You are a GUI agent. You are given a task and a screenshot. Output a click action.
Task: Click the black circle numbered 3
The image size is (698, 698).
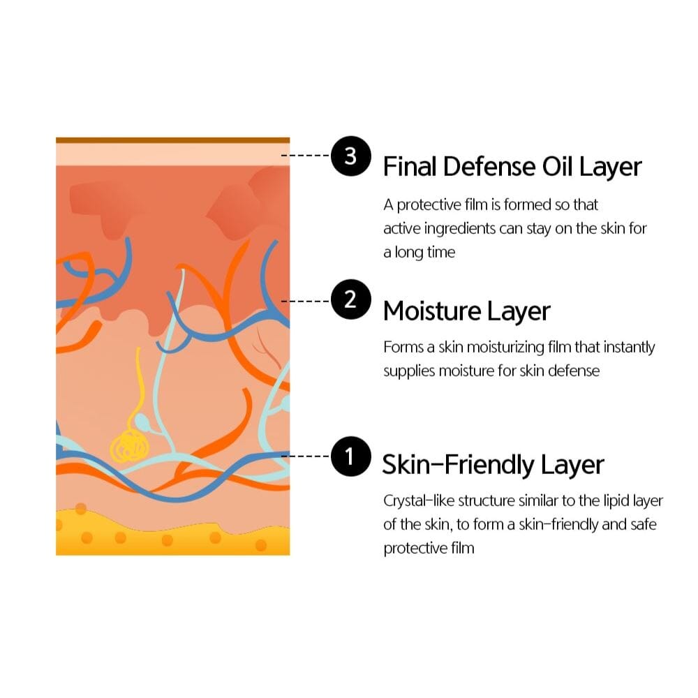[351, 156]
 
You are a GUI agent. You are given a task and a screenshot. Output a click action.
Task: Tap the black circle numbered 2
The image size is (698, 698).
[351, 299]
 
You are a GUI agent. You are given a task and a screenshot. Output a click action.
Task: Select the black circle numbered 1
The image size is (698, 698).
[351, 456]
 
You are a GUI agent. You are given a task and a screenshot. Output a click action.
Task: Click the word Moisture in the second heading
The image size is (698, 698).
[432, 311]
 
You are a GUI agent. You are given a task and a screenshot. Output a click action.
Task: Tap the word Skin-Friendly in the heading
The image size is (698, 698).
[458, 464]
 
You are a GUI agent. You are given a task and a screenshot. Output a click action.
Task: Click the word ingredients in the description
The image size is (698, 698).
[460, 229]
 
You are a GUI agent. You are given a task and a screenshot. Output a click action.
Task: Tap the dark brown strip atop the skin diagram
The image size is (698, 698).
[172, 140]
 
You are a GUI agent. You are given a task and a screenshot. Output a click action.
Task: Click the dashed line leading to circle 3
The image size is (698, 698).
[306, 156]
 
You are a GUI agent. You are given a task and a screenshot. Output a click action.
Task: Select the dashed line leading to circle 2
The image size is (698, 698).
[306, 302]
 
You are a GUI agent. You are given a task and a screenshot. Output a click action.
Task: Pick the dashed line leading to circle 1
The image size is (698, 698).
[306, 456]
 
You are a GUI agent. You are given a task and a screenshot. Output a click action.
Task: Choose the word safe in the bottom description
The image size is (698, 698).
[644, 524]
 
